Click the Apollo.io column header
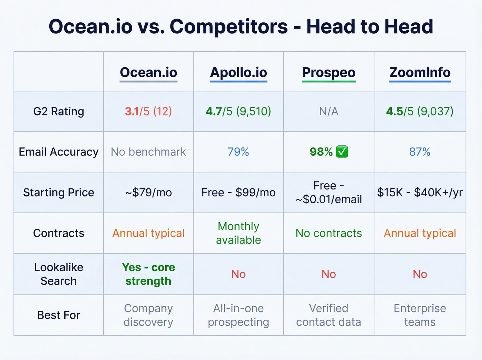(239, 73)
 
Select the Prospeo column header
(328, 73)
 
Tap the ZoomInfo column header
(420, 73)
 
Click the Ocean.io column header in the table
(148, 73)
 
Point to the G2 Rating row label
(59, 112)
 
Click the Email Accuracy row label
(59, 152)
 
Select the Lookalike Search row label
(59, 274)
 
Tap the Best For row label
(59, 315)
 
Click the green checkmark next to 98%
(342, 152)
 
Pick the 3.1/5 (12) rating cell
(148, 112)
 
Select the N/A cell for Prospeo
(328, 112)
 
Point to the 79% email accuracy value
(238, 152)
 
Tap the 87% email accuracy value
(420, 152)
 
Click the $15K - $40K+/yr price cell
(420, 193)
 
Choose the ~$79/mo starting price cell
(148, 193)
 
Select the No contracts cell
(328, 233)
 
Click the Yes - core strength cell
(148, 274)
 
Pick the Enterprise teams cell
(420, 315)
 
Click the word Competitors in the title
(229, 27)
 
